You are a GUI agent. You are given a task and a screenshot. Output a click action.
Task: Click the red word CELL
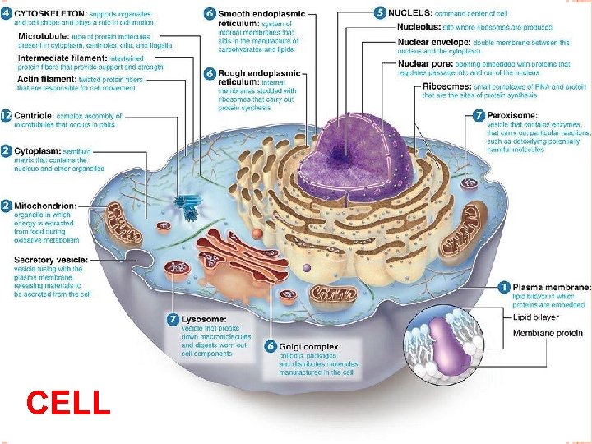[x=68, y=403]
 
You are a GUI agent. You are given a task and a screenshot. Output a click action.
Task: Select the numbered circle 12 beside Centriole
[x=7, y=116]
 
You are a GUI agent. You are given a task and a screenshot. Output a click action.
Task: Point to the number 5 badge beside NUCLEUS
[x=379, y=12]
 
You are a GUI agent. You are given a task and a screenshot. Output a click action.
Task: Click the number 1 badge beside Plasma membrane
[x=504, y=287]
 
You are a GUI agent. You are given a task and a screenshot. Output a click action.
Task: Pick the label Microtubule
[x=42, y=37]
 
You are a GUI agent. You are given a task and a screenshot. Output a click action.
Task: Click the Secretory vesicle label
[x=45, y=260]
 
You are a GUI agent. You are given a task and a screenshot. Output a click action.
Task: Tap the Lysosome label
[x=205, y=319]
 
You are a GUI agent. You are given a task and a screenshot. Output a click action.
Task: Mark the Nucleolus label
[x=420, y=27]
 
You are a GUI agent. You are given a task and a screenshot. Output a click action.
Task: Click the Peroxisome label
[x=512, y=116]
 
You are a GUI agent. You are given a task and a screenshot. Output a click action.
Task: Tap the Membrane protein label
[x=548, y=333]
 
